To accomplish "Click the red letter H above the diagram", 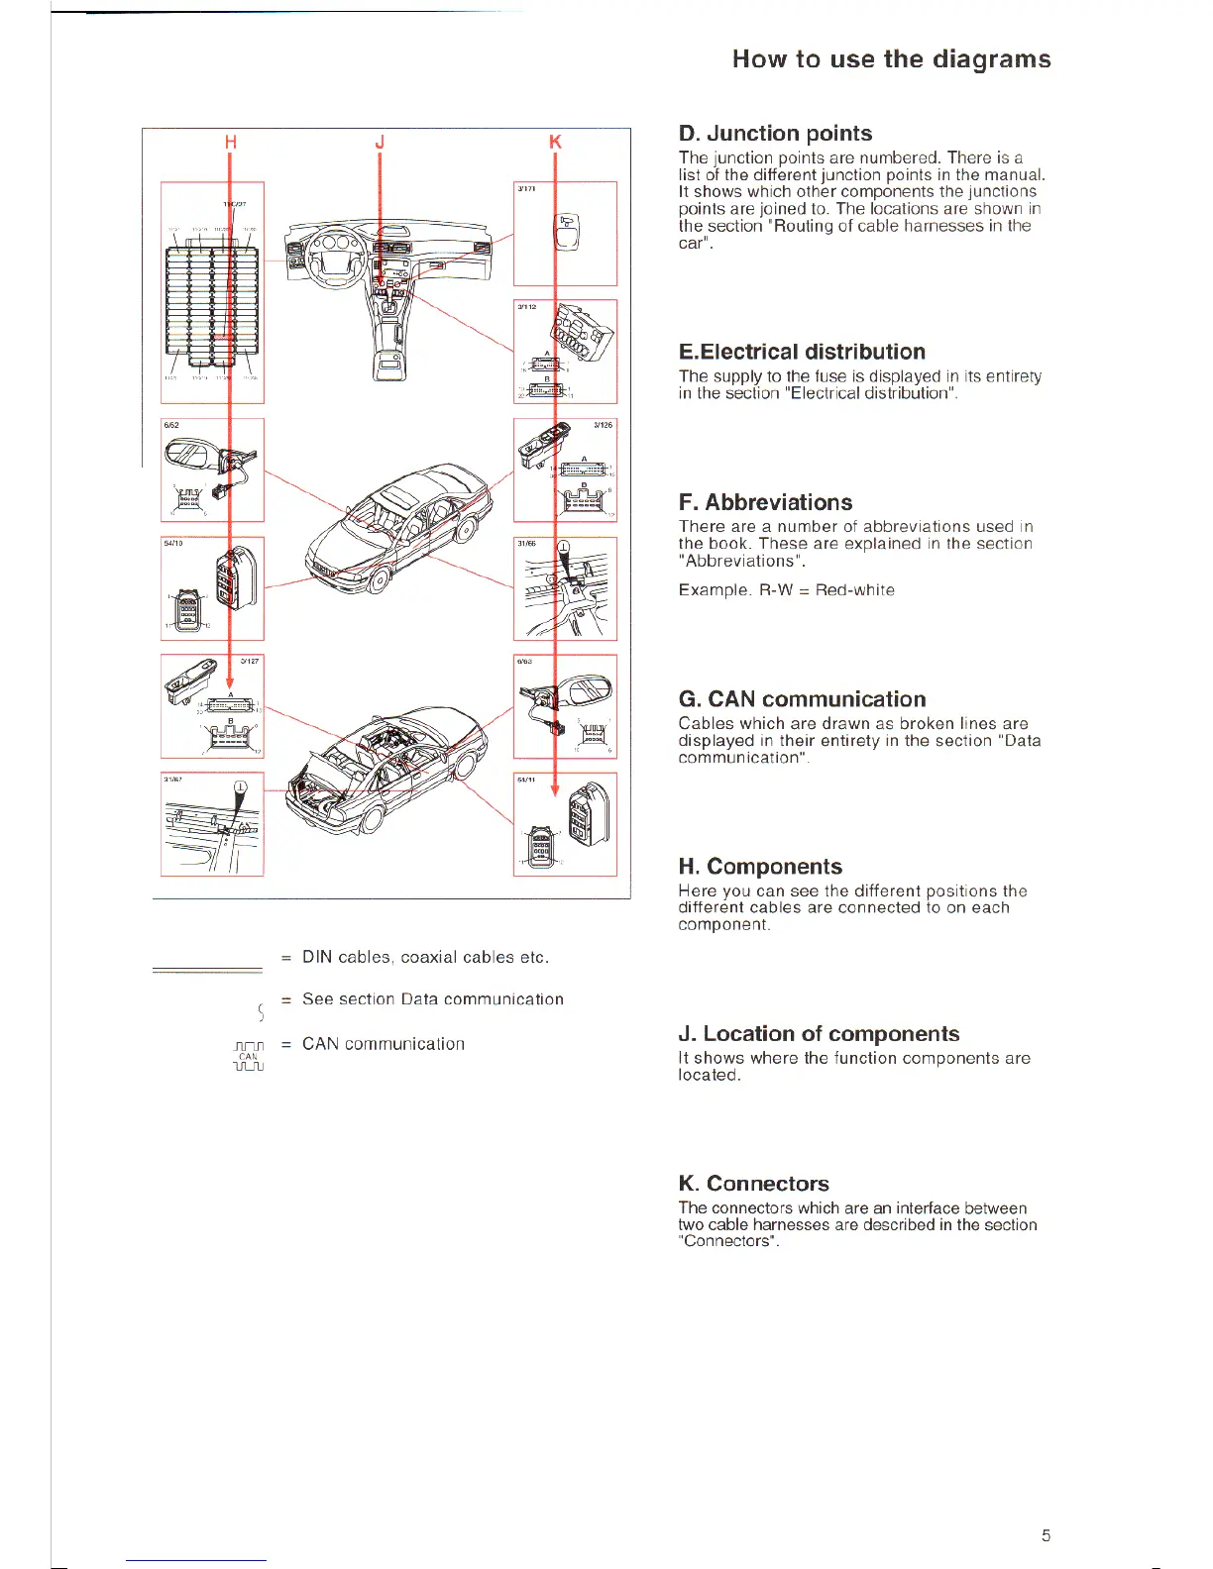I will coord(231,142).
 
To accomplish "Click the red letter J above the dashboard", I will coord(380,142).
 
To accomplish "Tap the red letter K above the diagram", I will coord(555,142).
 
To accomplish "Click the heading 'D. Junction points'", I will coord(775,134).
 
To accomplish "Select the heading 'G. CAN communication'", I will coord(802,699).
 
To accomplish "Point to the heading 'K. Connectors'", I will coord(753,1184).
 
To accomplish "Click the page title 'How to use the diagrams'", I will coord(891,59).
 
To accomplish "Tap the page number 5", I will coord(1046,1536).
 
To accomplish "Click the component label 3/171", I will coord(526,189).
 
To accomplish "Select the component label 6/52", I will coord(171,426).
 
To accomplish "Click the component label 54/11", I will coord(526,781).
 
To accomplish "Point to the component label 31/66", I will coord(526,544).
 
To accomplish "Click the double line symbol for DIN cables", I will coord(207,971).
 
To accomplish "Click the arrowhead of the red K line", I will coord(555,789).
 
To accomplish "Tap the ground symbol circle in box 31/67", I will coord(241,788).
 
